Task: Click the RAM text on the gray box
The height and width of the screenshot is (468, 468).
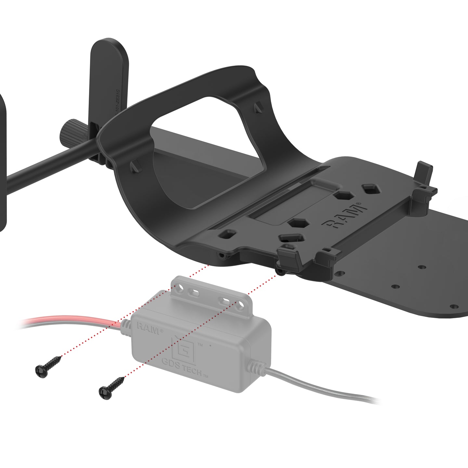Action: pyautogui.click(x=148, y=328)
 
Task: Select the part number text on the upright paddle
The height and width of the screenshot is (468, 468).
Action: pyautogui.click(x=118, y=101)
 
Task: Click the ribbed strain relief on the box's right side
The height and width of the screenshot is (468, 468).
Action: pyautogui.click(x=257, y=369)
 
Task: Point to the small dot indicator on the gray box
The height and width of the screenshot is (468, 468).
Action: pyautogui.click(x=211, y=345)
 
